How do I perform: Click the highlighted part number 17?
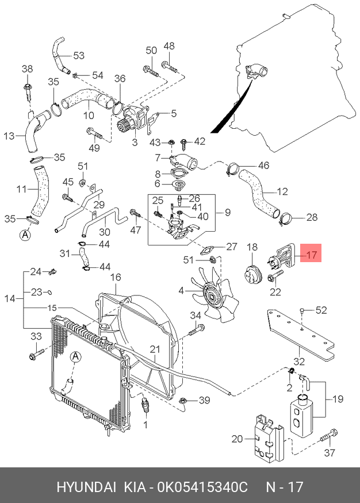click(x=311, y=254)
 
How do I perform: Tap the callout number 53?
click(x=78, y=56)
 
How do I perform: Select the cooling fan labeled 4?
click(x=215, y=294)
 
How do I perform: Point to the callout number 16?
click(x=116, y=277)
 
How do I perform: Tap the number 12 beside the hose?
click(x=282, y=191)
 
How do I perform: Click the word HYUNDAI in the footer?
click(x=85, y=487)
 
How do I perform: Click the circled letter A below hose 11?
click(x=25, y=235)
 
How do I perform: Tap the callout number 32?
click(x=298, y=361)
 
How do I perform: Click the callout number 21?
click(x=155, y=350)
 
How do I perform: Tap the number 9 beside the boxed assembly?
click(x=227, y=213)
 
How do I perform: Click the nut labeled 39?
click(x=182, y=401)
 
